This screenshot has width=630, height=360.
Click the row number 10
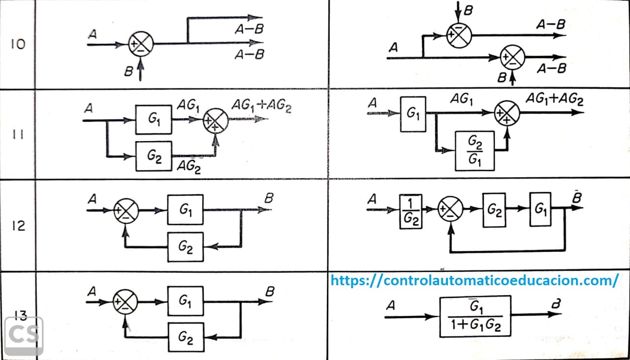click(x=18, y=44)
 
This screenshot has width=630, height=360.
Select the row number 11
click(x=18, y=134)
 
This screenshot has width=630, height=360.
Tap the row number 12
click(x=18, y=226)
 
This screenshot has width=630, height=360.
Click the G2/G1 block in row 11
click(x=474, y=150)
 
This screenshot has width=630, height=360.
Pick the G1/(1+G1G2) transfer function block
click(x=475, y=316)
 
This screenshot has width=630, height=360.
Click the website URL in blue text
click(x=474, y=280)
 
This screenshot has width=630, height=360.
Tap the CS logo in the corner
click(x=24, y=335)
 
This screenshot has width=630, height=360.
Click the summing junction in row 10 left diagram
click(x=141, y=44)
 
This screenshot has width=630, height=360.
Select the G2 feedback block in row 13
click(x=185, y=337)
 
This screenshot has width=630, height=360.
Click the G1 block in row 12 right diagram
click(x=540, y=209)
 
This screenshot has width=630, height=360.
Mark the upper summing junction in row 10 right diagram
click(x=459, y=34)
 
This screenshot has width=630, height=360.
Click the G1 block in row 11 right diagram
click(x=413, y=114)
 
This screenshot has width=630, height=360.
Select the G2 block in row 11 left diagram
click(x=154, y=156)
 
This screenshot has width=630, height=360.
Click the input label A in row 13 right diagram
click(x=391, y=306)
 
